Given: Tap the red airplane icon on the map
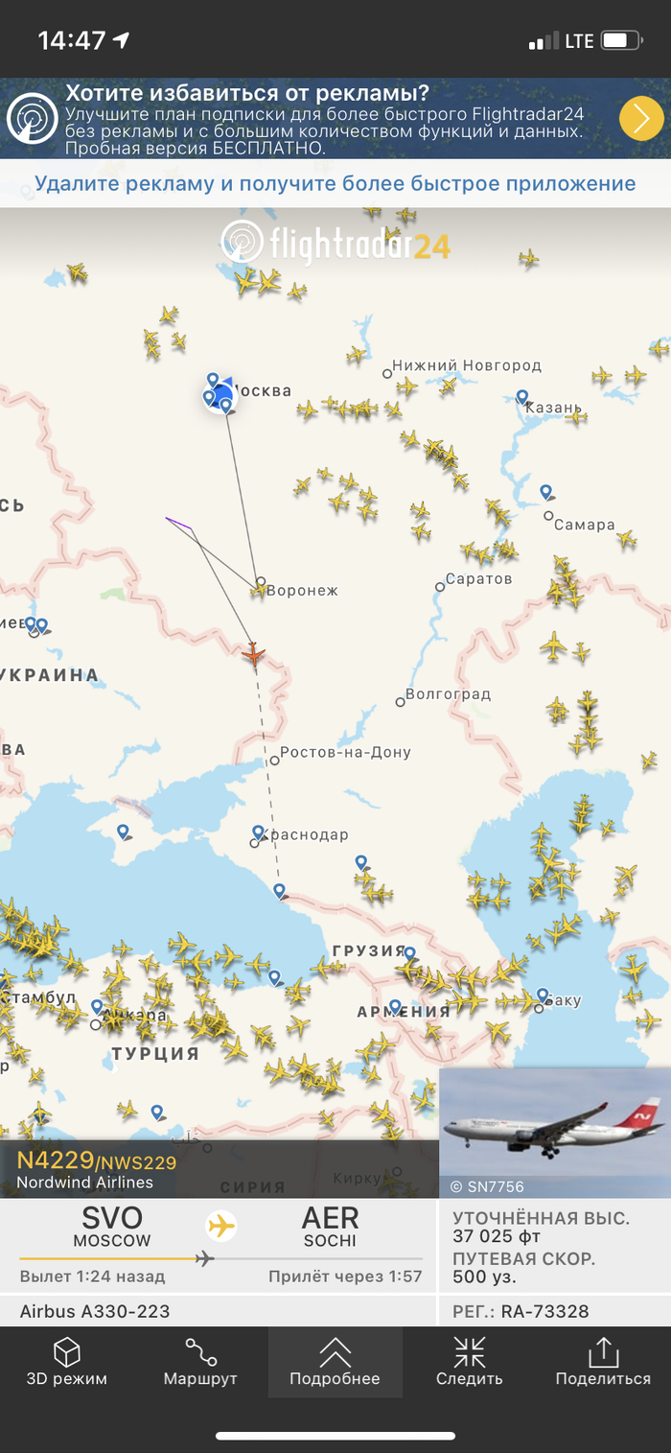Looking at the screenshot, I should (253, 654).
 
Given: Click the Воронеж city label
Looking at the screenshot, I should (302, 591).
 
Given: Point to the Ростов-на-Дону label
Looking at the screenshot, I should (346, 753).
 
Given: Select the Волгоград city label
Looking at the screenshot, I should (448, 693).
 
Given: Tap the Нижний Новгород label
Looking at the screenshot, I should (467, 365).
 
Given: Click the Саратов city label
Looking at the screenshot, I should (479, 579).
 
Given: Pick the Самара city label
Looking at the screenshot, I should (584, 525).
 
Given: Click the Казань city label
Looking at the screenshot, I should (553, 408).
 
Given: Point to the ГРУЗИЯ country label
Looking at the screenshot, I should (369, 950).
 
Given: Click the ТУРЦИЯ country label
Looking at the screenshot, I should (155, 1053).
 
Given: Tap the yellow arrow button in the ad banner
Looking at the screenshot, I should (641, 119).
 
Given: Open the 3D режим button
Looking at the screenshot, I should (66, 1362).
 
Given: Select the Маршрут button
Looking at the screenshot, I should (200, 1362).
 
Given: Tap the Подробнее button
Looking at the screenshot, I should (335, 1362).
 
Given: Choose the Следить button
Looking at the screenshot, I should (469, 1362).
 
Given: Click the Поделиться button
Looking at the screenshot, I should (603, 1362).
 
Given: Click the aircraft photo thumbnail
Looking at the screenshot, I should (555, 1132).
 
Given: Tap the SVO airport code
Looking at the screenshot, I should (112, 1218).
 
